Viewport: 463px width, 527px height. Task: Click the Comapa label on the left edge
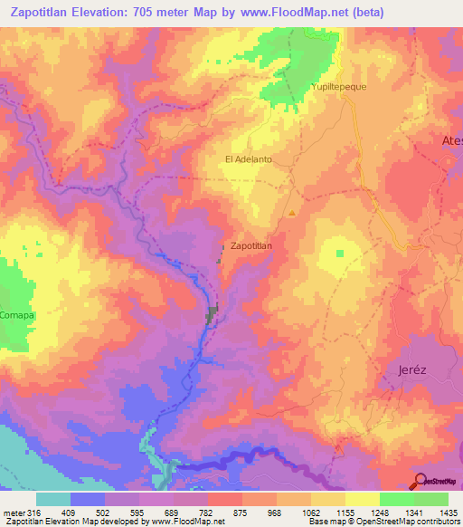(16, 314)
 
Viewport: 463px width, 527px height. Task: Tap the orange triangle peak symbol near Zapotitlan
(292, 214)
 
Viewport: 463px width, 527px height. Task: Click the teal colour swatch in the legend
(53, 499)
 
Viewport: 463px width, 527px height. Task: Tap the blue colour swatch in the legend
(88, 499)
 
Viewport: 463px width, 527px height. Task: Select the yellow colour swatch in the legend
(363, 499)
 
